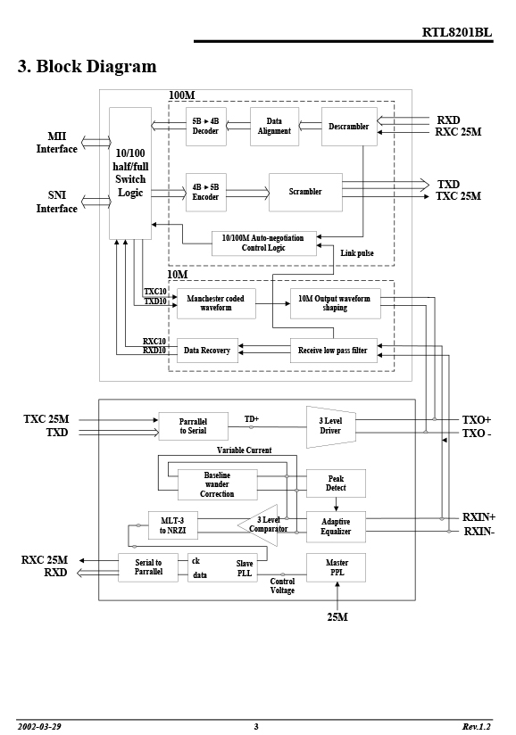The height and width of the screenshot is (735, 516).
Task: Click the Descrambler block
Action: point(349,127)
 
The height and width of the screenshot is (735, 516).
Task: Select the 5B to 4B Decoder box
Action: point(206,127)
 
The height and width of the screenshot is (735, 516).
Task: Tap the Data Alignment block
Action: point(274,127)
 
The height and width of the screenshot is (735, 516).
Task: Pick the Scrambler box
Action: point(305,192)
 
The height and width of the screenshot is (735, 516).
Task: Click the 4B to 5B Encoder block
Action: point(206,192)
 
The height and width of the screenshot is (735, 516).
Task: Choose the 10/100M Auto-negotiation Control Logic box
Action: point(264,244)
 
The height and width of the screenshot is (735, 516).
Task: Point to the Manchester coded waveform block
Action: point(216,303)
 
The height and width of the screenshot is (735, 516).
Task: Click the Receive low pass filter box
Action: point(334,351)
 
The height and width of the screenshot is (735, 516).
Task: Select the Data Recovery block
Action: point(207,351)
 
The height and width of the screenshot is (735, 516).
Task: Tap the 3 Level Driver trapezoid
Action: point(330,426)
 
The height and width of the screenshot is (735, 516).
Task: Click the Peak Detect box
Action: point(336,483)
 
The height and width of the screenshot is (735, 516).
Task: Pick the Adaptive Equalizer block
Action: point(336,527)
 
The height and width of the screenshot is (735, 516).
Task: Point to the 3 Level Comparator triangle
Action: point(262,525)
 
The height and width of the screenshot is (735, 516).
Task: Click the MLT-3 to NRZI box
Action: point(172,525)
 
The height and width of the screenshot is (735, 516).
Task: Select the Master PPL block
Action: point(336,567)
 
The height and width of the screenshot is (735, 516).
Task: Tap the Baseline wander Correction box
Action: point(217,484)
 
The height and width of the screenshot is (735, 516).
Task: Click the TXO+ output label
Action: point(477,420)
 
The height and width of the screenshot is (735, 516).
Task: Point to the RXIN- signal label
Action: point(479,532)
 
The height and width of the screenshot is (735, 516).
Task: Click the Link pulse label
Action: point(357,253)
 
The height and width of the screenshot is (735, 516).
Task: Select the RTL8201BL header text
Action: point(457,32)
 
